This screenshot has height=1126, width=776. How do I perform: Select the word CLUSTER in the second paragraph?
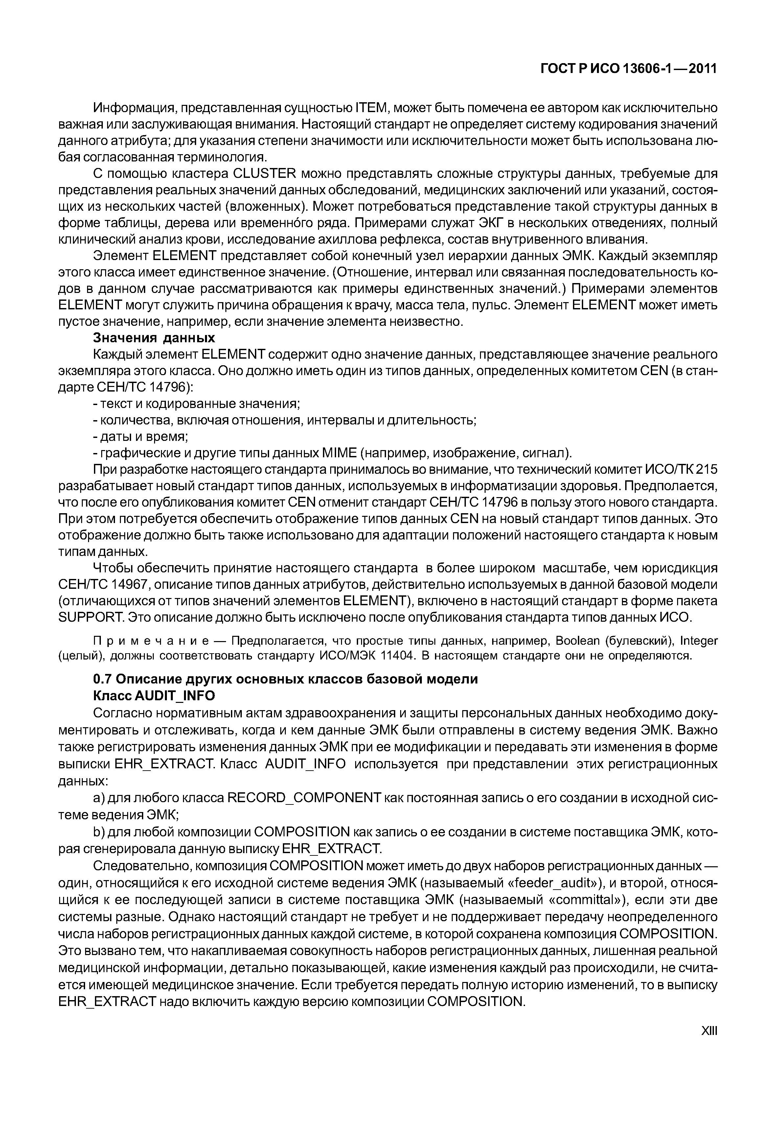(264, 174)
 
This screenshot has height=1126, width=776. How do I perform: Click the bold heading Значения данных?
(154, 338)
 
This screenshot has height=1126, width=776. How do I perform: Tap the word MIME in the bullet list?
(339, 453)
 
